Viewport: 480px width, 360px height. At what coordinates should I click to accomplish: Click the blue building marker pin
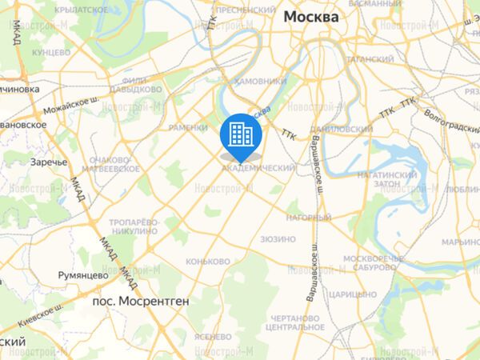241,134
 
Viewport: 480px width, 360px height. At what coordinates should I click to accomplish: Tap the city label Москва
310,17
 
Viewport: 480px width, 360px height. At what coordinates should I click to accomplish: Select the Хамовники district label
261,81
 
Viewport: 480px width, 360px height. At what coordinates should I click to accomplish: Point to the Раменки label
189,127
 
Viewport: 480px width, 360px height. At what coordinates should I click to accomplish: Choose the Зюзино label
278,239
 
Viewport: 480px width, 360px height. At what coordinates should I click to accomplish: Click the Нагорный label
307,218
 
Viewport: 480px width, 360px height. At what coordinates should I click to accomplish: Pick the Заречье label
47,162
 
